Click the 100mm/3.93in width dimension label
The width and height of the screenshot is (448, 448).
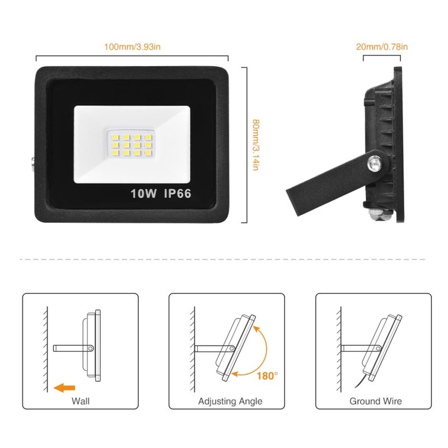coord(132,46)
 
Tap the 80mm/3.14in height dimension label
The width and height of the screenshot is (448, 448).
coord(256,145)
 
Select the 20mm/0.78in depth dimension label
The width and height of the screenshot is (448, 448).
coord(382,46)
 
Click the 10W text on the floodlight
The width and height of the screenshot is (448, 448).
coord(143,193)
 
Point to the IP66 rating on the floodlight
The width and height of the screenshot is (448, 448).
coord(178,193)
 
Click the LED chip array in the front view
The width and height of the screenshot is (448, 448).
coord(132,145)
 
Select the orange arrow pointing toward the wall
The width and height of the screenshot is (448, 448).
coord(64,388)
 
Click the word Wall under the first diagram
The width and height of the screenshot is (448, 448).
coord(81,401)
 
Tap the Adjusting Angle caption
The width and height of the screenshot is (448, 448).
coord(230,401)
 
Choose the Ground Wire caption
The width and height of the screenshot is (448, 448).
coord(375,401)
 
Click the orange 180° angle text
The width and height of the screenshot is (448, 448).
coord(267,376)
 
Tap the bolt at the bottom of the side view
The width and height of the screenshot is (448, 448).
coord(381,214)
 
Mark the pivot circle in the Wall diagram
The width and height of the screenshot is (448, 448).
coord(91,348)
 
